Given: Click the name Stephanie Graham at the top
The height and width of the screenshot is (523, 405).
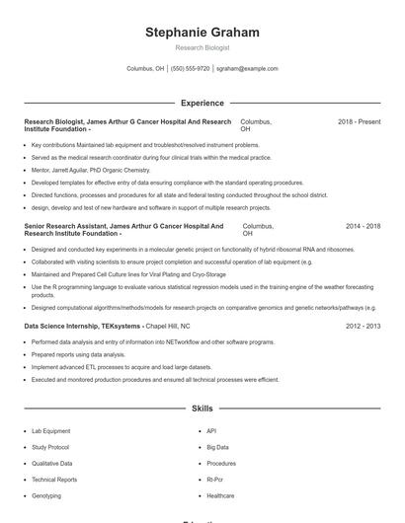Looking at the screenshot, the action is [202, 33].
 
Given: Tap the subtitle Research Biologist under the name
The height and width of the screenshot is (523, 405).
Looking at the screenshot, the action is [202, 47].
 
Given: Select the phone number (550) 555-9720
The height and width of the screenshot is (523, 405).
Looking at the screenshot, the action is [190, 69].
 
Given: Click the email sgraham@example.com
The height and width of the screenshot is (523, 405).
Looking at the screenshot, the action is [247, 69].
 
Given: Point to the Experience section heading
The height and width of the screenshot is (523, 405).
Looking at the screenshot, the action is [202, 103].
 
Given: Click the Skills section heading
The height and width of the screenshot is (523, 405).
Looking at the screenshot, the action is [202, 408].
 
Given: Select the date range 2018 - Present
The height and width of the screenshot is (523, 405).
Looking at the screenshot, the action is [359, 121].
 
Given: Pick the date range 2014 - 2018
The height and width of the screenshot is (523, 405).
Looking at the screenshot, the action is [363, 226].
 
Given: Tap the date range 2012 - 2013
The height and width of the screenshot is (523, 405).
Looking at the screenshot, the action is [363, 326].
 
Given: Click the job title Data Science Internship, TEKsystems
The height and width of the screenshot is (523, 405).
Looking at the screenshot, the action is [83, 326].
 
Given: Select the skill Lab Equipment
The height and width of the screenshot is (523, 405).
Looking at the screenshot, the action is [51, 431].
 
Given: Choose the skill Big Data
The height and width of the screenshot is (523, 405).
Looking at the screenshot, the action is [217, 447].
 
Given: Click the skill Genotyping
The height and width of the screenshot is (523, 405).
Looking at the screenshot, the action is [46, 495].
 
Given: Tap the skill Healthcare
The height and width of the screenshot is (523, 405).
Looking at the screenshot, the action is [220, 495].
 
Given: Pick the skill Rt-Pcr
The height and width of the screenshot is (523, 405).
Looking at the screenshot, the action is [216, 480].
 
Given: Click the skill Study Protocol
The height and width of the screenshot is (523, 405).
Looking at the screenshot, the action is [52, 447].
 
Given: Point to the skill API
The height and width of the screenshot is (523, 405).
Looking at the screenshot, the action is [211, 431].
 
